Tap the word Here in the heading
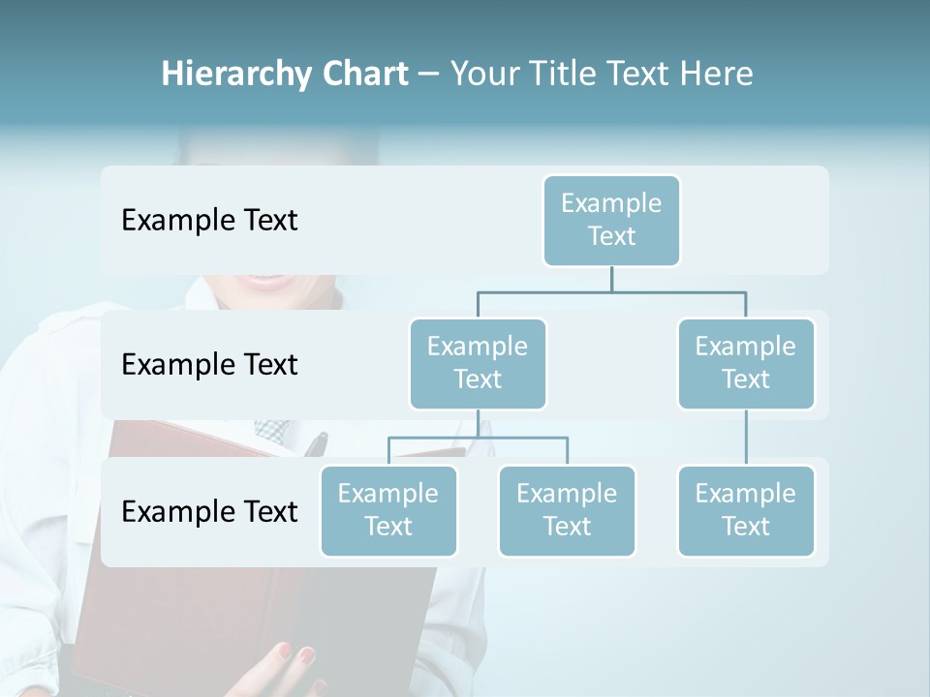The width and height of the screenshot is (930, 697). [718, 75]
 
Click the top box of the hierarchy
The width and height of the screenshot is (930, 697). [611, 220]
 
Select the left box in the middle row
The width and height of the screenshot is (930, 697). [478, 363]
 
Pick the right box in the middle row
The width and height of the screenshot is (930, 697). [746, 363]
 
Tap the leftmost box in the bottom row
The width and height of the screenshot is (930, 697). [388, 510]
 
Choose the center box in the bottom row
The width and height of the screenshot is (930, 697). [567, 510]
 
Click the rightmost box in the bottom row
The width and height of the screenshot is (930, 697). [746, 510]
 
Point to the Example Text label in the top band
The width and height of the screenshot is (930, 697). [209, 221]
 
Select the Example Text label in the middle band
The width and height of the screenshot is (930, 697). [209, 365]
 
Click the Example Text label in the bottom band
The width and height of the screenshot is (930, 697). [209, 511]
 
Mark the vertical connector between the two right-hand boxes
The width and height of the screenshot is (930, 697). [746, 438]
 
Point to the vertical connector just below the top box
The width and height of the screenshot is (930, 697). [611, 278]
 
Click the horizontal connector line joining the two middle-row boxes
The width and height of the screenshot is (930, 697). [611, 291]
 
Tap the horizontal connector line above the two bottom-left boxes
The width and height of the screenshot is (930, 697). [478, 438]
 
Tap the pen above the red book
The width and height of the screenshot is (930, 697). [316, 443]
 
